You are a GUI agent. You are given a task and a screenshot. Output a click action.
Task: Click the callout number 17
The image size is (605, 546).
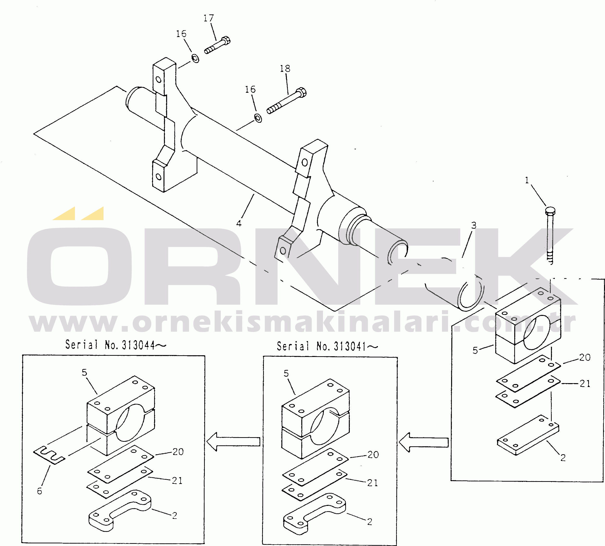(x=209, y=18)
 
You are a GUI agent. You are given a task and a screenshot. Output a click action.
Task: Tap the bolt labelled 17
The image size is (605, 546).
(x=217, y=45)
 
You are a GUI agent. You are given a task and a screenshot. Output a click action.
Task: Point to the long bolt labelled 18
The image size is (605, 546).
(x=286, y=101)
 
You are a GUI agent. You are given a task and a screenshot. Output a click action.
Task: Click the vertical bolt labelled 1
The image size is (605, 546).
(x=550, y=235)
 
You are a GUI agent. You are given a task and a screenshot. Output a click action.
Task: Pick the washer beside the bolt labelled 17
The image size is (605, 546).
(x=195, y=58)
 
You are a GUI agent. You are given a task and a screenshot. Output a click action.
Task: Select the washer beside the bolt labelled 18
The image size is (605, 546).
(x=258, y=118)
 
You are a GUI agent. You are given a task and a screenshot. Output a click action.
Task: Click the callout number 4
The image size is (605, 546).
(x=239, y=223)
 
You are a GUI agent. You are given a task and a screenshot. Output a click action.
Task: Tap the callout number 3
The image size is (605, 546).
(x=473, y=225)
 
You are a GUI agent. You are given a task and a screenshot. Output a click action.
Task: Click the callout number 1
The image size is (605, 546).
(x=527, y=180)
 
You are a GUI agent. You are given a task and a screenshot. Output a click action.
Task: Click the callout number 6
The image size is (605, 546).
(x=40, y=491)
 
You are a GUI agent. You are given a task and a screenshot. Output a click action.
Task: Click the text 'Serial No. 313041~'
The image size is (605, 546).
(x=327, y=346)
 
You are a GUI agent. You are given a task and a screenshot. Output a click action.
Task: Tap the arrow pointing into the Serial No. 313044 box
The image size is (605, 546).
(x=234, y=442)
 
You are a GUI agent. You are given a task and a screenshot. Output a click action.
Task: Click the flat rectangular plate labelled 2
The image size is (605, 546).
(x=528, y=435)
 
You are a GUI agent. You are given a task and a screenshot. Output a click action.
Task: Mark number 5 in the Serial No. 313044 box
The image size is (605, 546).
(x=85, y=373)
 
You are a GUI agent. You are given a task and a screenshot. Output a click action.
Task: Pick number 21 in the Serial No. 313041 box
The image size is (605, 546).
(x=373, y=483)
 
